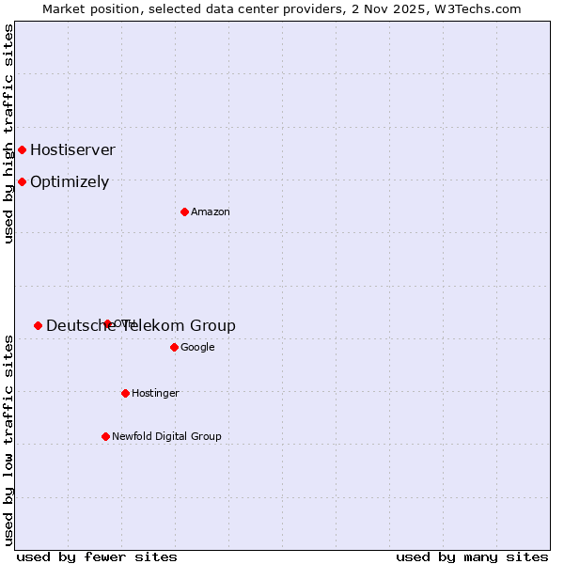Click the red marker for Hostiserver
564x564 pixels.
(x=22, y=149)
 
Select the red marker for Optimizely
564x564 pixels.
(x=22, y=181)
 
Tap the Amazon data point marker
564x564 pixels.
(x=184, y=211)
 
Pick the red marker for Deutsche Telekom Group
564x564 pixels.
(x=38, y=325)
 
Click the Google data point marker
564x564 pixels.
(x=174, y=347)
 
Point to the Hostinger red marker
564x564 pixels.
(x=125, y=393)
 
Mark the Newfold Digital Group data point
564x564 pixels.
(x=105, y=436)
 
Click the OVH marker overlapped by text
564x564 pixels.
(x=107, y=323)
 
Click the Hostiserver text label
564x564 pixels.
(x=72, y=149)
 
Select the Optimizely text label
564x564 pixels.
(x=70, y=181)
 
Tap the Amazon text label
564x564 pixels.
(x=211, y=211)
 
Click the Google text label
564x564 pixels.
(x=197, y=347)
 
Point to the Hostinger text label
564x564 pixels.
(x=155, y=393)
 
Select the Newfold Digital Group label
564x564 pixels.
(x=166, y=436)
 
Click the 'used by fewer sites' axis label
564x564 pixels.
(x=97, y=556)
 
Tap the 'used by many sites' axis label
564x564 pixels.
(x=472, y=556)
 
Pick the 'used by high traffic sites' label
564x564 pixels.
(x=9, y=133)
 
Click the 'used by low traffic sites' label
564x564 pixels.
(x=9, y=440)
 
